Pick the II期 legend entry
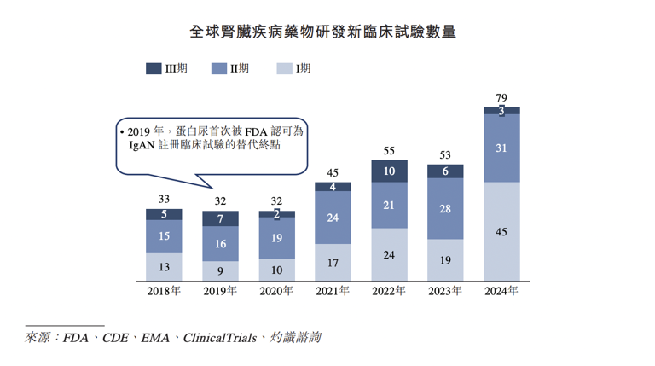230,69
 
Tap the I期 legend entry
294,69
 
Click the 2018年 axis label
164,291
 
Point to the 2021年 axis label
333,291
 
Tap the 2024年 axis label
501,291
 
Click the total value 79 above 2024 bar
501,98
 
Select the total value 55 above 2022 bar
389,151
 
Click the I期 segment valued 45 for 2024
501,231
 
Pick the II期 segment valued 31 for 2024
501,148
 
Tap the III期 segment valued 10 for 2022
389,171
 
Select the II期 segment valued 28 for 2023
445,209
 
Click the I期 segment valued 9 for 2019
220,271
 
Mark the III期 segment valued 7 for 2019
220,219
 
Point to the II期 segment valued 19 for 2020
276,239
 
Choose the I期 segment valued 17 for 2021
333,263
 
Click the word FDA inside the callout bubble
257,131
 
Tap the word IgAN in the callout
133,146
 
